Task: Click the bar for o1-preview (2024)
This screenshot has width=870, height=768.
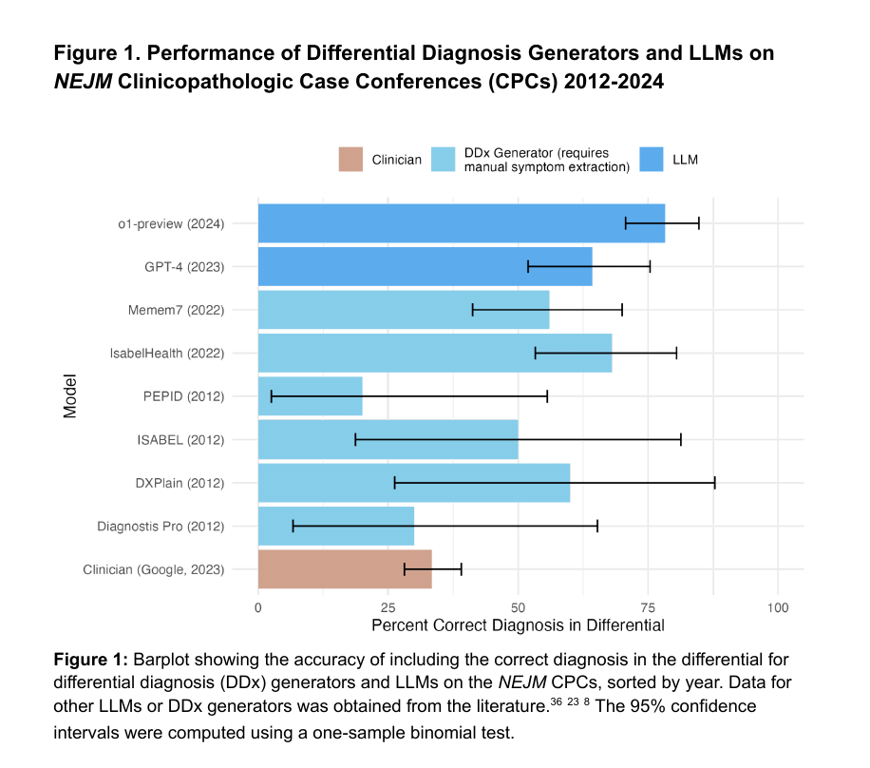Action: point(461,223)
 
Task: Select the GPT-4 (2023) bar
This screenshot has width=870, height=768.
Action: point(425,266)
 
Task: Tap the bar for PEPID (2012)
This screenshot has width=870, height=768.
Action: point(310,396)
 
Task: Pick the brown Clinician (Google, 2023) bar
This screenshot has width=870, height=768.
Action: point(345,569)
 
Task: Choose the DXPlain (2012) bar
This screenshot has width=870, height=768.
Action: point(413,483)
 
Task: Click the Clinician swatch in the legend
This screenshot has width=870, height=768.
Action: point(351,160)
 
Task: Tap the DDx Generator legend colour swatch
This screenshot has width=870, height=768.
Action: point(444,160)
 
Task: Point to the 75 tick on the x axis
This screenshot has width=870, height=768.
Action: point(649,606)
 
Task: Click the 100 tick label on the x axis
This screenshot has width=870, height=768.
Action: point(779,606)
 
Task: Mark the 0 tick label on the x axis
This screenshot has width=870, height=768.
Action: point(258,606)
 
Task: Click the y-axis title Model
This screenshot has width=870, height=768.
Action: point(70,396)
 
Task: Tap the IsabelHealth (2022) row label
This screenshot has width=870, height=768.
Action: point(167,353)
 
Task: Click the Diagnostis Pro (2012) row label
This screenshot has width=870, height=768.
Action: point(161,526)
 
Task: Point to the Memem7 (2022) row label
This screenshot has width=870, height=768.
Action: point(176,310)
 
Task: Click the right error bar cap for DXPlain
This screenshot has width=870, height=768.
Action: point(714,483)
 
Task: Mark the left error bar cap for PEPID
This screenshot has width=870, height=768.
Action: point(272,396)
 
